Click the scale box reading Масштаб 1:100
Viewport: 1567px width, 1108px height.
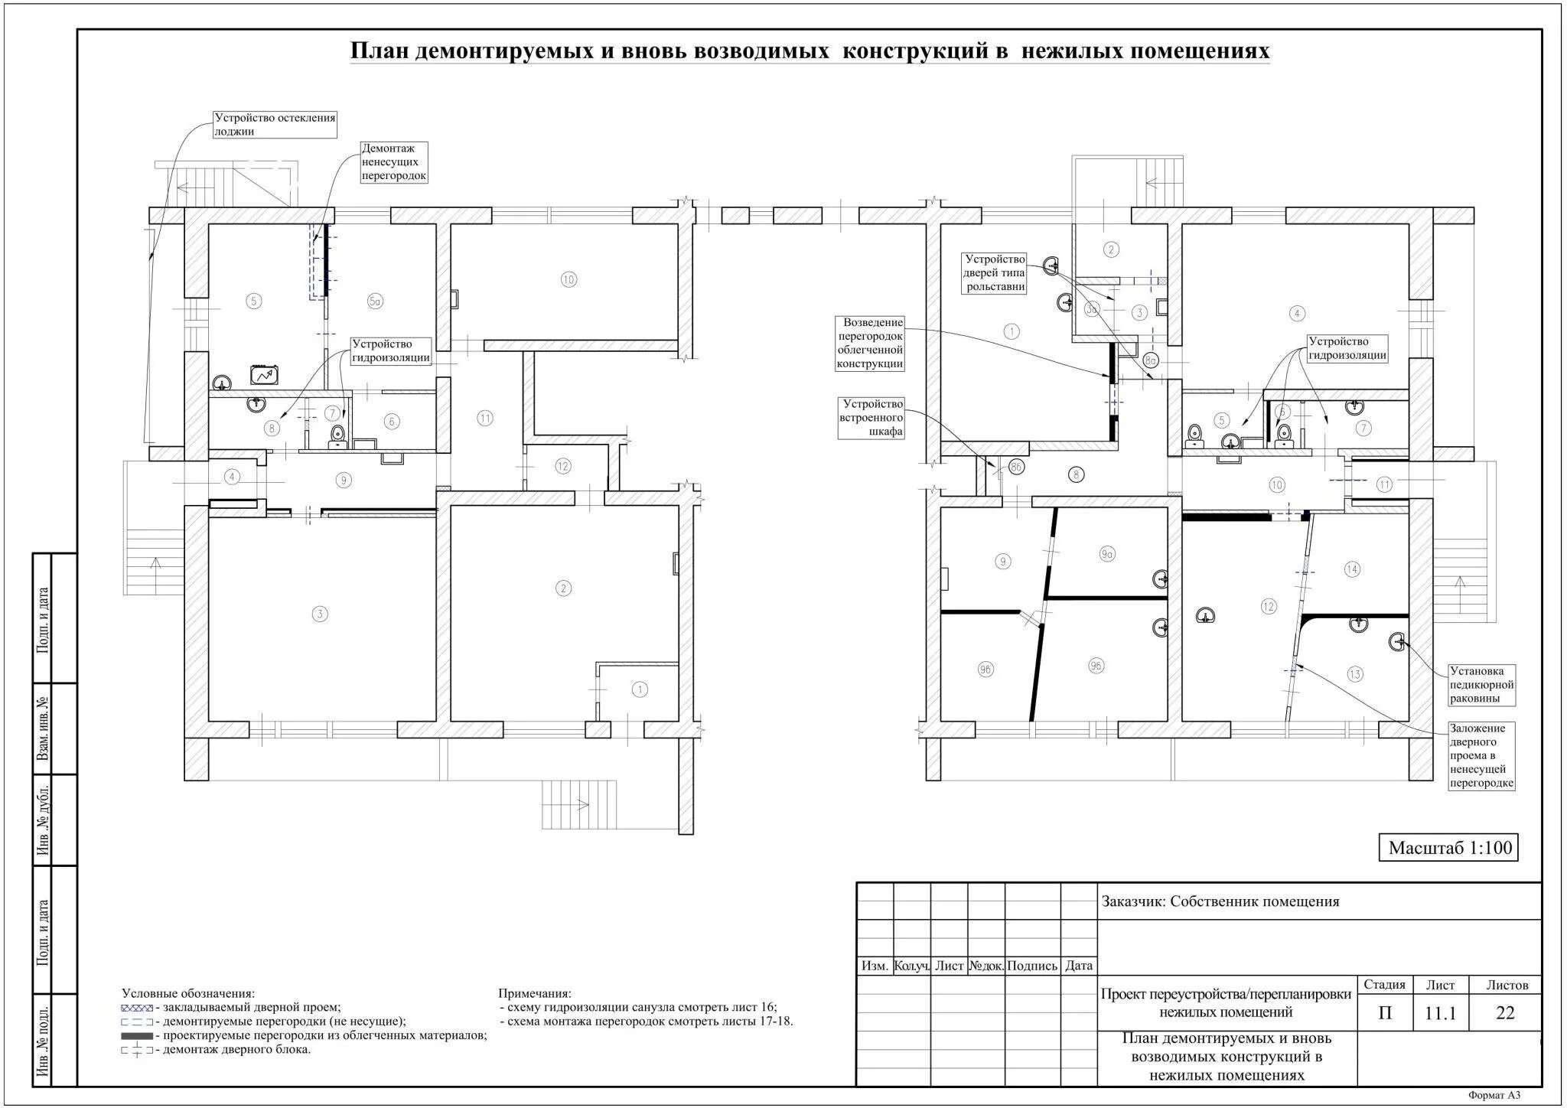coord(1448,848)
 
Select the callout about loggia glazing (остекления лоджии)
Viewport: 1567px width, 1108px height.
coord(275,125)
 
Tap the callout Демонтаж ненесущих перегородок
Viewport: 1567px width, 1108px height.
coord(394,162)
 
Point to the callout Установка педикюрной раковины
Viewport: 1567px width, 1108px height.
coord(1482,686)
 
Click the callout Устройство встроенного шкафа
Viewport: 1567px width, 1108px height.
coord(871,418)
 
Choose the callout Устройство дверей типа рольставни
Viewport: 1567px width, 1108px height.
coord(994,273)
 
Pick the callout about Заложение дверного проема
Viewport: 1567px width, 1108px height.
coord(1482,756)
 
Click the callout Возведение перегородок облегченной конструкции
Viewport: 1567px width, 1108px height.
coord(871,344)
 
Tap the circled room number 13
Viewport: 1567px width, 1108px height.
coord(1355,674)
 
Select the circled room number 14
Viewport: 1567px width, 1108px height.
coord(1352,569)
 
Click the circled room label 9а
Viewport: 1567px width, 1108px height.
coord(1107,554)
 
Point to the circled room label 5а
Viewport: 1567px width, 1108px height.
coord(375,301)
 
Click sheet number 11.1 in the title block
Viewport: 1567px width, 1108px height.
coord(1440,1013)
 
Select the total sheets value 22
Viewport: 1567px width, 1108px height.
coord(1505,1013)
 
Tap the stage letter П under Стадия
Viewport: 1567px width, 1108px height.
coord(1385,1013)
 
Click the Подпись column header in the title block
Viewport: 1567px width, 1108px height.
coord(1032,966)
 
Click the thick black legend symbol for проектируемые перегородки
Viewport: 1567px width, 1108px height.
coord(137,1036)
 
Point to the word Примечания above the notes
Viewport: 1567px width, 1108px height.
coord(535,993)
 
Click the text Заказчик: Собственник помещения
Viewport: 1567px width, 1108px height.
coord(1220,901)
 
